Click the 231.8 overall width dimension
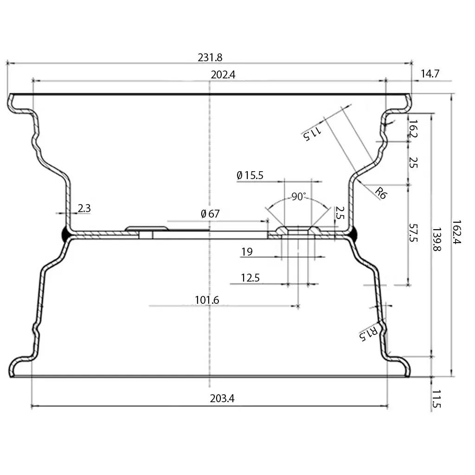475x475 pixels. [x=210, y=58]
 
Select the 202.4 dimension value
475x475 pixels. [x=210, y=75]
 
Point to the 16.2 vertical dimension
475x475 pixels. [x=413, y=129]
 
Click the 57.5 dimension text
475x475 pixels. [x=413, y=233]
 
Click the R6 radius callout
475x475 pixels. [x=380, y=193]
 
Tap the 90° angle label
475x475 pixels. [x=299, y=197]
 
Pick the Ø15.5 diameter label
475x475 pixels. [x=250, y=175]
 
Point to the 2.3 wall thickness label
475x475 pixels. [x=84, y=208]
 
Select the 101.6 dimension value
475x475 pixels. [x=206, y=300]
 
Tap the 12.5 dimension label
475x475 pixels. [x=250, y=278]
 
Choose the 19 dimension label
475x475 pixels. [x=247, y=252]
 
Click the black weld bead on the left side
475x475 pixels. [x=64, y=234]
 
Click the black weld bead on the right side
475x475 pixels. [x=354, y=234]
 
